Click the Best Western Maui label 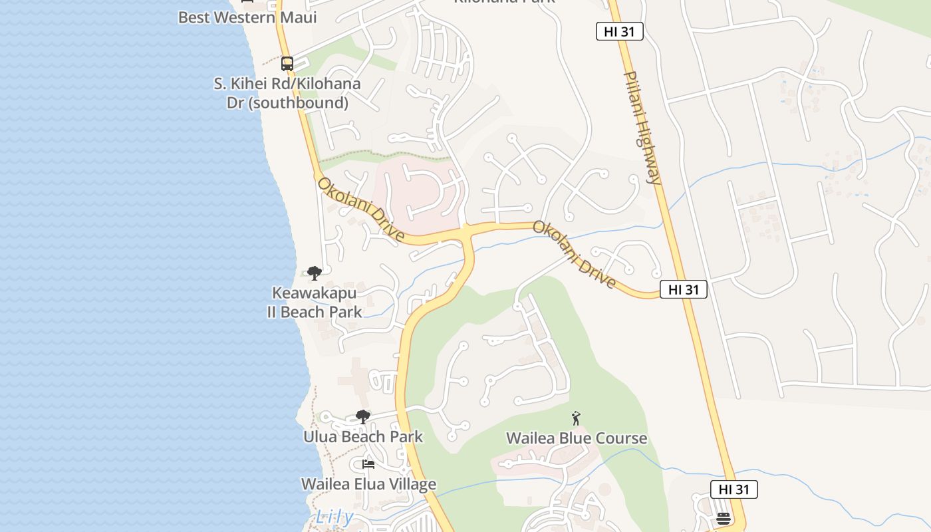pyautogui.click(x=247, y=17)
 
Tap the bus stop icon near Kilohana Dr pyautogui.click(x=287, y=64)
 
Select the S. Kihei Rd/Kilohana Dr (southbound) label pyautogui.click(x=287, y=93)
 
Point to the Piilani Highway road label pyautogui.click(x=642, y=128)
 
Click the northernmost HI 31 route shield pyautogui.click(x=619, y=31)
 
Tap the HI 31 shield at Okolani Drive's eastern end pyautogui.click(x=683, y=289)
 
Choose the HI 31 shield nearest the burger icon pyautogui.click(x=733, y=489)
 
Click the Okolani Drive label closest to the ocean pyautogui.click(x=360, y=209)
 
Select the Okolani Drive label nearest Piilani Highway pyautogui.click(x=574, y=255)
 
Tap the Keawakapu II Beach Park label pyautogui.click(x=315, y=303)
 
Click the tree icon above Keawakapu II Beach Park pyautogui.click(x=315, y=273)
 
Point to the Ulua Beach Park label pyautogui.click(x=363, y=437)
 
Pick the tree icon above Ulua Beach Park pyautogui.click(x=363, y=417)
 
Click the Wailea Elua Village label pyautogui.click(x=368, y=484)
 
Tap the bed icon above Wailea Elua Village pyautogui.click(x=368, y=464)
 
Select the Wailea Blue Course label pyautogui.click(x=577, y=438)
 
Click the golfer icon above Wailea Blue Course pyautogui.click(x=576, y=418)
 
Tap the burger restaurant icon pyautogui.click(x=724, y=519)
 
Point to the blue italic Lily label pyautogui.click(x=334, y=516)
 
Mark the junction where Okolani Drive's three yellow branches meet pyautogui.click(x=467, y=233)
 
